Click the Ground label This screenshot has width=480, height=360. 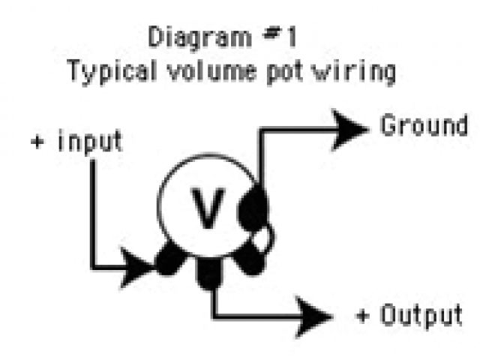[424, 125]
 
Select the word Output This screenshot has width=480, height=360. [421, 315]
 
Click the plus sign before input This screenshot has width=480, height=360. [37, 143]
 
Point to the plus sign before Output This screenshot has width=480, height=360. [364, 316]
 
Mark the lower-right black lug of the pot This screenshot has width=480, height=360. [248, 259]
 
